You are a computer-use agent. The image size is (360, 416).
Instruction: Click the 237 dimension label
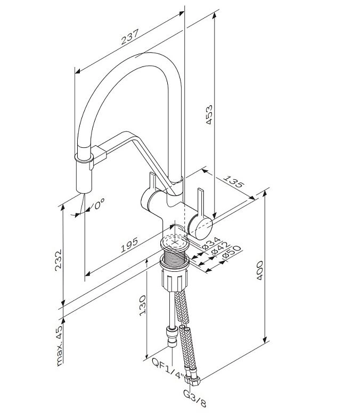click(x=130, y=37)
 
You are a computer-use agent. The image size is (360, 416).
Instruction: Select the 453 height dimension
click(x=210, y=115)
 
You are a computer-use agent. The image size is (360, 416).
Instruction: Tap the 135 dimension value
click(x=233, y=181)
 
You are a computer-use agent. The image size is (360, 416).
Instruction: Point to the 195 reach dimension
click(x=129, y=245)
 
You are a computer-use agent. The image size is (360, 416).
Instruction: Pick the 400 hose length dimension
click(x=259, y=270)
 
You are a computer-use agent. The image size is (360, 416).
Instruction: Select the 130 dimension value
click(x=143, y=305)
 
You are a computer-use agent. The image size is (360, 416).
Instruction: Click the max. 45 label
click(x=60, y=345)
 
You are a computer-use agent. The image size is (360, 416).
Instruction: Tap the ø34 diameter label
click(x=211, y=244)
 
